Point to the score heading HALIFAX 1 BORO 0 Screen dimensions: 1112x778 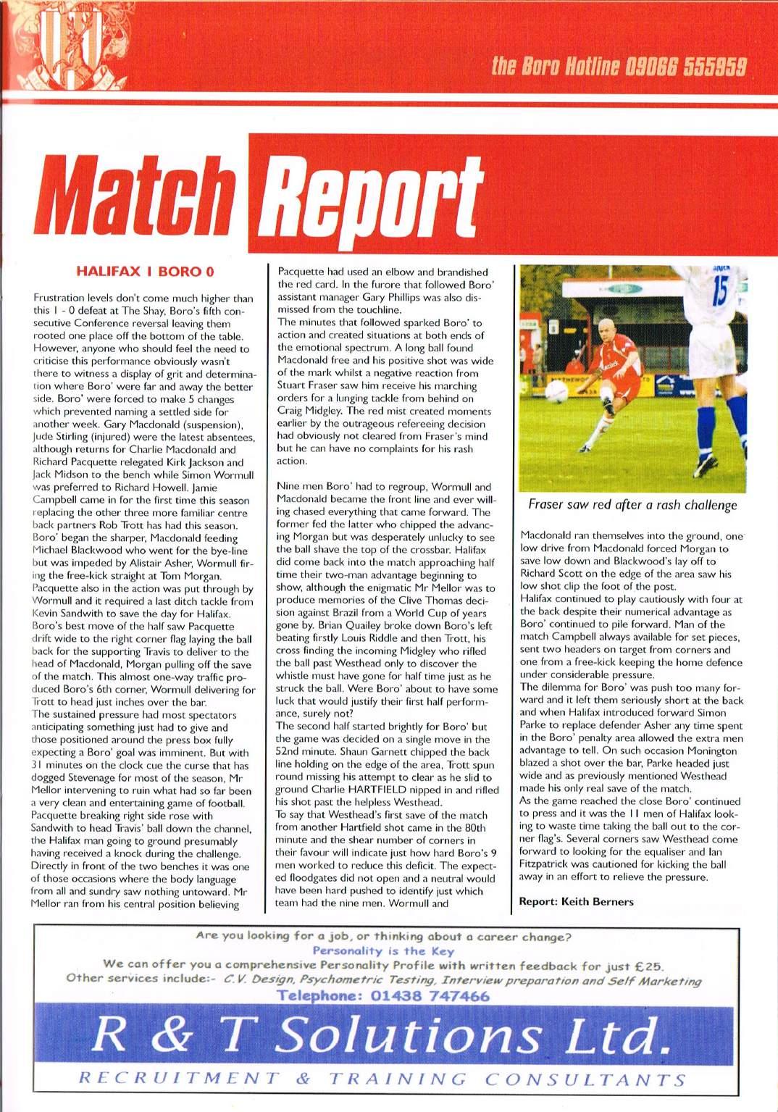(x=146, y=272)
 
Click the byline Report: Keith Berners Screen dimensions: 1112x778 (x=576, y=902)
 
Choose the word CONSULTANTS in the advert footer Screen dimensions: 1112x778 (x=586, y=1079)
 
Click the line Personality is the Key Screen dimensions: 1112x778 (x=383, y=951)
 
